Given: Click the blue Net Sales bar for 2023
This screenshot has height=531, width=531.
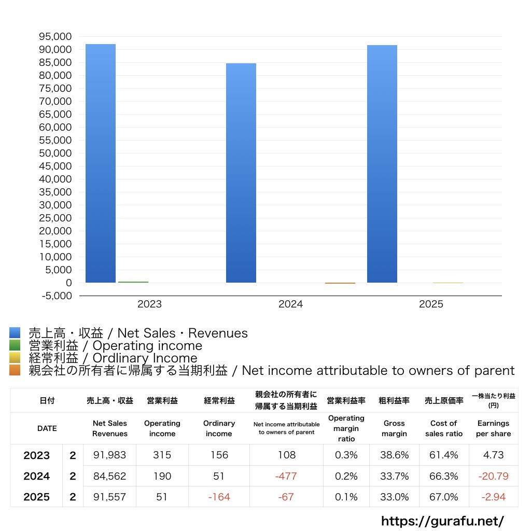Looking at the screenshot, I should pos(101,163).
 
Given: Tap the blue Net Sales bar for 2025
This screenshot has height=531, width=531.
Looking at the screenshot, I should pos(382,164).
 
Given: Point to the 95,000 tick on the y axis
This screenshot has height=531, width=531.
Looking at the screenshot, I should pos(54,37).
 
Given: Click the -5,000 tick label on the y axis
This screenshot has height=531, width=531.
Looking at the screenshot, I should pos(54,296).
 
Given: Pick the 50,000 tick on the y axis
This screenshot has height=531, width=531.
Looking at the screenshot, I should pos(54,153).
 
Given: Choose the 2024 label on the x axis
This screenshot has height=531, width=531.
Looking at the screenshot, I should pos(290,304).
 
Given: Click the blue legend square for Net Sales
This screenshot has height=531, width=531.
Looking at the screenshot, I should pos(15,333).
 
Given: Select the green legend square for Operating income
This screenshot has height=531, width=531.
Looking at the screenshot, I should pos(15,345).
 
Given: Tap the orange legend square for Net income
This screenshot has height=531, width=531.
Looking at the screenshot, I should pos(15,370).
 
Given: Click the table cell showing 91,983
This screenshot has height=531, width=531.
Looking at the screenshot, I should pos(109,455).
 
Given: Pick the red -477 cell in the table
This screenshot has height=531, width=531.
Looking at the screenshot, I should pos(286,476).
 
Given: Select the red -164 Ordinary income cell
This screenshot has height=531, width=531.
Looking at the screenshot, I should pos(219,497).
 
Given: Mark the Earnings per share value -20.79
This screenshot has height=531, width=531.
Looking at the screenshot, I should pos(493,476).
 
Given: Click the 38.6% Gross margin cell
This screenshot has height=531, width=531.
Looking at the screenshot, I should pos(394,455).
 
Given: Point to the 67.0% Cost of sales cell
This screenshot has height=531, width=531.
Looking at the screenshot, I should pos(444,497).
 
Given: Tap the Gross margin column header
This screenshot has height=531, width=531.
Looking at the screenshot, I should pos(394,428).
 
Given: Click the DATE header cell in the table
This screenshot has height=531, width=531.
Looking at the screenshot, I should pos(47,428).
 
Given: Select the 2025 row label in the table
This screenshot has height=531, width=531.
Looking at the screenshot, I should pos(37,497).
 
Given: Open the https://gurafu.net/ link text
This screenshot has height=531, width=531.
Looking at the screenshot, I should pos(442,521).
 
